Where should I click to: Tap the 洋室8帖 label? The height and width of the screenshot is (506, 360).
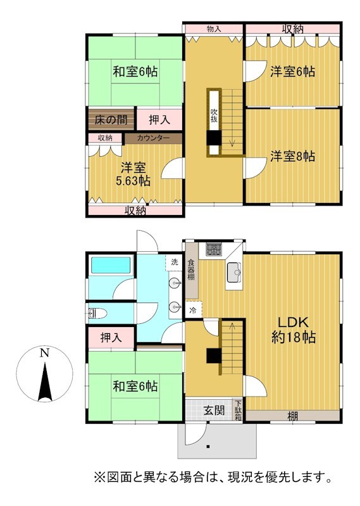pyautogui.click(x=292, y=156)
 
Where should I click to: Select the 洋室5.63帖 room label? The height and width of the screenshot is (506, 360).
pyautogui.click(x=133, y=175)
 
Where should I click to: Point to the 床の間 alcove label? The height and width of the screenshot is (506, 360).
pyautogui.click(x=111, y=120)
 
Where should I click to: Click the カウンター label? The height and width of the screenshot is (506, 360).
pyautogui.click(x=153, y=138)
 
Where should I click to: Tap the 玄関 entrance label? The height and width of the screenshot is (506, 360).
pyautogui.click(x=214, y=410)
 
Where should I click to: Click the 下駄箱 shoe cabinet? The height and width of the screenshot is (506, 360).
pyautogui.click(x=238, y=410)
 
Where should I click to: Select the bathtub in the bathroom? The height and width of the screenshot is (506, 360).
pyautogui.click(x=111, y=266)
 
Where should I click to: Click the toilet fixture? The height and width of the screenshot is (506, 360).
pyautogui.click(x=97, y=313)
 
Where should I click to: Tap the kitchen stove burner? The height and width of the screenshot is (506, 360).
pyautogui.click(x=214, y=249)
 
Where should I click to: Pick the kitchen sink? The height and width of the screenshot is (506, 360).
pyautogui.click(x=233, y=273)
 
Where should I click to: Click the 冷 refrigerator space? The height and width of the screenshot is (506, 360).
pyautogui.click(x=193, y=311)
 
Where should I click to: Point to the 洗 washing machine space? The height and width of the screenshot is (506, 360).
pyautogui.click(x=175, y=262)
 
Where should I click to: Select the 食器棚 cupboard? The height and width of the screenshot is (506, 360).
pyautogui.click(x=192, y=271)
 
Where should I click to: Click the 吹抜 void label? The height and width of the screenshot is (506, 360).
pyautogui.click(x=214, y=116)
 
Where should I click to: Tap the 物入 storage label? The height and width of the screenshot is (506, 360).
pyautogui.click(x=214, y=29)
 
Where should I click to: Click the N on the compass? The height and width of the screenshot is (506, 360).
pyautogui.click(x=44, y=353)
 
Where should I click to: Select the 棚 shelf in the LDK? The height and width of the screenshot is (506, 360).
pyautogui.click(x=292, y=416)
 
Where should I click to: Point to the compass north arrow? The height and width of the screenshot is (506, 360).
pyautogui.click(x=45, y=382)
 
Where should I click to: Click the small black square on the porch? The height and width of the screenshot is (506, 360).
pyautogui.click(x=208, y=447)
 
